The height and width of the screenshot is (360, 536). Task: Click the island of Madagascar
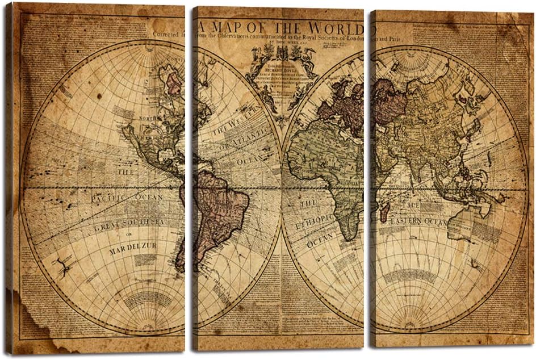point(384,212)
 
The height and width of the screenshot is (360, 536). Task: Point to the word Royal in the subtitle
point(312,38)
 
